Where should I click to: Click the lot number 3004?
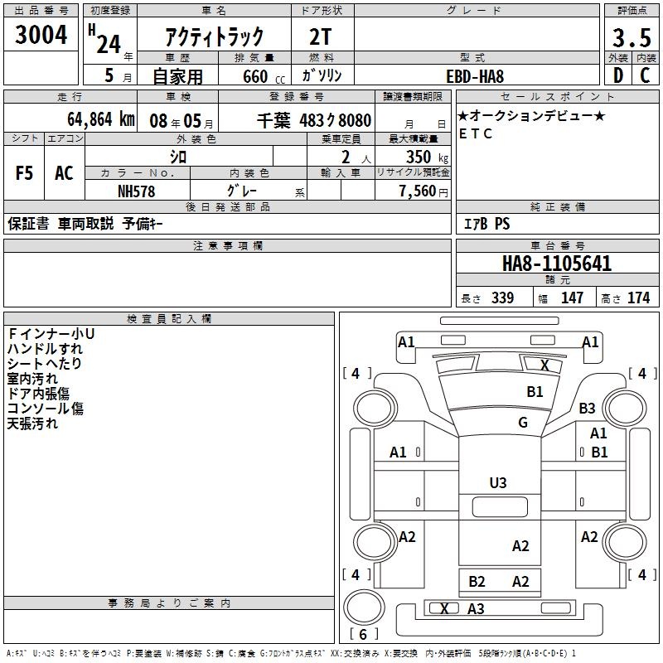[41, 35]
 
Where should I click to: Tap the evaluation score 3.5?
[632, 38]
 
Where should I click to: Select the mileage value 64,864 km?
[101, 119]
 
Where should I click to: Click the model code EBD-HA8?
[475, 76]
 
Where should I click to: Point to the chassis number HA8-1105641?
[557, 264]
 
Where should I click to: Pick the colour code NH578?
[137, 191]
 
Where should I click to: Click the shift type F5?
[24, 173]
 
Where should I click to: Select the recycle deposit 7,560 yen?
[423, 191]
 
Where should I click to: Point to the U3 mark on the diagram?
[498, 482]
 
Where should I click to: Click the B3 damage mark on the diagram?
[587, 408]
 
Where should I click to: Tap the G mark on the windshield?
[523, 422]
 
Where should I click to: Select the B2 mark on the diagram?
[477, 582]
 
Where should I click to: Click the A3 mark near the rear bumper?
[476, 608]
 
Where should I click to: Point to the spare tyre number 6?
[363, 634]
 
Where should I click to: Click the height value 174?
[638, 298]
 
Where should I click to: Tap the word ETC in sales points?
[476, 133]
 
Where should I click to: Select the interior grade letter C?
[645, 75]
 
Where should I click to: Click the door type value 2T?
[321, 37]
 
